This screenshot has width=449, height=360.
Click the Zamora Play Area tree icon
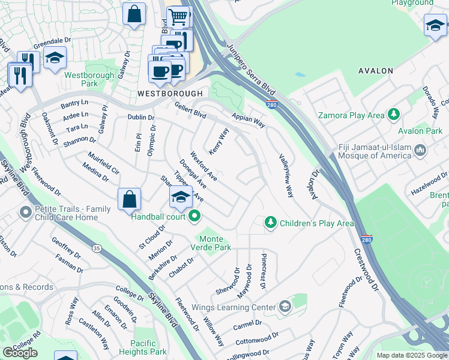(394, 114)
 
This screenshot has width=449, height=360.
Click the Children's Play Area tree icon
(271, 223)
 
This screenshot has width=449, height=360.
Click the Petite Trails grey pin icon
(25, 212)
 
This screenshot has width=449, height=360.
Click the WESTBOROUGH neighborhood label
(170, 94)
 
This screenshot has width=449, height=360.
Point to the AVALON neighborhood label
(375, 71)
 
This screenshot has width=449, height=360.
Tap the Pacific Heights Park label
(142, 347)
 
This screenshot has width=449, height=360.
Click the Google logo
(20, 352)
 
